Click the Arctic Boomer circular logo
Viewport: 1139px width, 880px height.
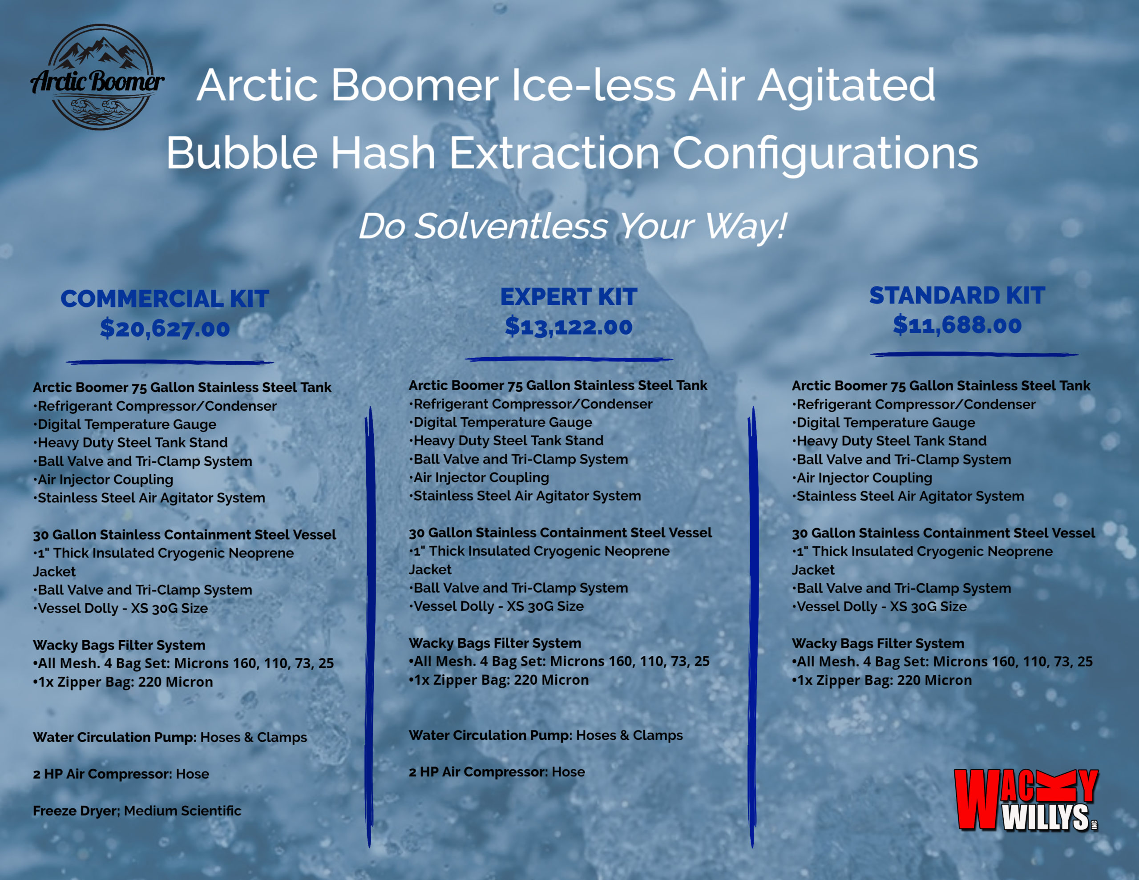(x=97, y=77)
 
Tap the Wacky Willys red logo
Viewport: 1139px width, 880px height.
(x=1026, y=799)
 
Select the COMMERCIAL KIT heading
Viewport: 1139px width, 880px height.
(x=165, y=299)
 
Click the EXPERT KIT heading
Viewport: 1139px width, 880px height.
(x=569, y=297)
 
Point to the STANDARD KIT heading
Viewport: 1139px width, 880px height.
(x=957, y=296)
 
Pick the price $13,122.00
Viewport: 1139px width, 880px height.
(x=569, y=327)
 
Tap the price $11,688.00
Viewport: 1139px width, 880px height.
(x=957, y=325)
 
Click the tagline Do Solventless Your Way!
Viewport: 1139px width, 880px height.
(x=572, y=226)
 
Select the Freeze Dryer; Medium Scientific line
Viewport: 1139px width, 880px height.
(x=137, y=811)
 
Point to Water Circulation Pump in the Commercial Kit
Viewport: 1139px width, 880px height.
(x=114, y=737)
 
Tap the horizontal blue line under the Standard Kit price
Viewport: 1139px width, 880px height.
(x=973, y=355)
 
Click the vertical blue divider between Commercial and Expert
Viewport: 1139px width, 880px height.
(x=370, y=626)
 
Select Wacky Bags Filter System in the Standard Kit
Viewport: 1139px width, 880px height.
(x=878, y=643)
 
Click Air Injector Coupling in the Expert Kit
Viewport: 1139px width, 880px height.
(x=479, y=477)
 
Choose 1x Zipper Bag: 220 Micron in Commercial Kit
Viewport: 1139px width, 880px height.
(x=123, y=682)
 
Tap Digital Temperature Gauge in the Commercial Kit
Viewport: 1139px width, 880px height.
(x=125, y=424)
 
